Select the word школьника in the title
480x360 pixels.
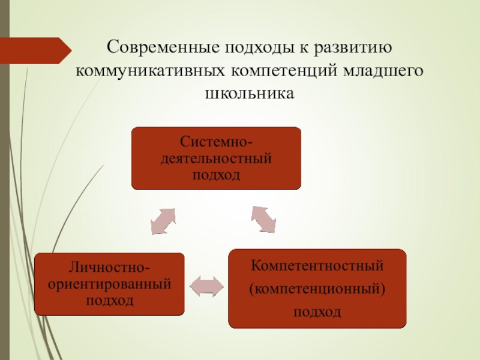pos(247,94)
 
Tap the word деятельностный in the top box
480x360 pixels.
pos(217,160)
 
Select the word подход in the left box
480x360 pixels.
pos(109,299)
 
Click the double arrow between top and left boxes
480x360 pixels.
pos(163,221)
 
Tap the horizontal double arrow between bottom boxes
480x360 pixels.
pos(206,286)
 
